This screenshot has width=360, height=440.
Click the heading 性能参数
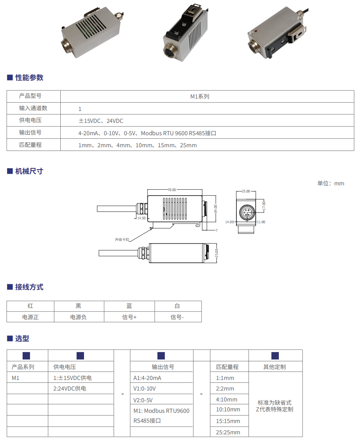(x=29, y=78)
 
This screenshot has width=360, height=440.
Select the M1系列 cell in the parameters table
(x=200, y=96)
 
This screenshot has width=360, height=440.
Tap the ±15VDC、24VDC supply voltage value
(x=101, y=121)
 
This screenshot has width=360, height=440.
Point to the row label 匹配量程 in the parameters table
(x=30, y=145)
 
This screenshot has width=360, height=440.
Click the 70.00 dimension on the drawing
(x=172, y=190)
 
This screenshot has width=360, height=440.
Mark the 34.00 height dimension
(x=216, y=209)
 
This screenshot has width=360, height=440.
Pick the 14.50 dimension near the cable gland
(x=142, y=218)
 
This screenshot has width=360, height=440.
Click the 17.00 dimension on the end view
(x=264, y=206)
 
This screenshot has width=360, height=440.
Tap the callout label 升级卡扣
(x=122, y=239)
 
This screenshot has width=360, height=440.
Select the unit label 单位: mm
(x=331, y=183)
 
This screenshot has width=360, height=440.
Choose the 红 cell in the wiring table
(x=30, y=306)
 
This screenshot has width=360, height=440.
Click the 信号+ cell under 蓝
(x=129, y=317)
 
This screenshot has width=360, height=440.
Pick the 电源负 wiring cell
(x=78, y=317)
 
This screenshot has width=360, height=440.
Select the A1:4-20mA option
(x=148, y=378)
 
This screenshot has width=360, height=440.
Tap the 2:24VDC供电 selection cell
(x=70, y=388)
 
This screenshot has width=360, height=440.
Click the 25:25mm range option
(x=228, y=432)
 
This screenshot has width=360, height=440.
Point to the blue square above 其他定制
(x=275, y=356)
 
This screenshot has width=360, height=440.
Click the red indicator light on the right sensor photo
(x=255, y=31)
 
